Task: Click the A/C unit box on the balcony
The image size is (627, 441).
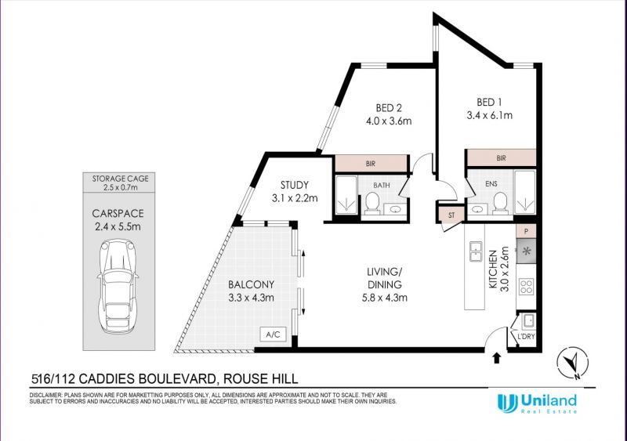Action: [x=273, y=334]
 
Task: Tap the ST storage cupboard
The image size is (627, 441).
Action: [x=451, y=215]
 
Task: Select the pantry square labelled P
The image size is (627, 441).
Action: [x=526, y=231]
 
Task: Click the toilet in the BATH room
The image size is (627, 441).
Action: [x=372, y=204]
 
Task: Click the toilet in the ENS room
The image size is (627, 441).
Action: [x=500, y=204]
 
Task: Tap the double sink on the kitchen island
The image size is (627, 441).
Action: [x=476, y=251]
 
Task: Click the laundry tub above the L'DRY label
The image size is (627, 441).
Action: [x=528, y=320]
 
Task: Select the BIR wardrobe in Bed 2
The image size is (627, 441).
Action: [x=371, y=164]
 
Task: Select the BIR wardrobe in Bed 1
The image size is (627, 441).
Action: [x=502, y=158]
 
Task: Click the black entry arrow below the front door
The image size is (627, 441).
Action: [x=497, y=358]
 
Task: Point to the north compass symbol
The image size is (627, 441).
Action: [x=573, y=363]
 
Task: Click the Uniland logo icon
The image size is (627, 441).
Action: [x=507, y=403]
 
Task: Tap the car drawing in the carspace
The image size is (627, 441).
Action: [x=118, y=287]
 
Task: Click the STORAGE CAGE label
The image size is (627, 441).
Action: [x=121, y=179]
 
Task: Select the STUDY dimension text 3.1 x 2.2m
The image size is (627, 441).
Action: [x=295, y=198]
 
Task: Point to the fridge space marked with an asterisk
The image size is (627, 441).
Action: [x=526, y=251]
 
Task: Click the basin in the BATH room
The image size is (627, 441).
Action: [x=395, y=209]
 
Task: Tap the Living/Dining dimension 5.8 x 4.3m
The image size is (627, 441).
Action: [x=385, y=298]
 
